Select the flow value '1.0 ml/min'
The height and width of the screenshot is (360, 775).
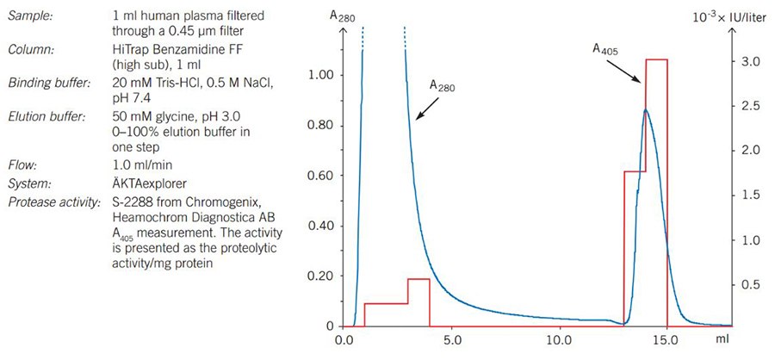[x=142, y=164]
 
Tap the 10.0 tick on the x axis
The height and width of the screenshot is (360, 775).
[x=560, y=341]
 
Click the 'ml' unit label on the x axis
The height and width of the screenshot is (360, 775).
[x=722, y=341]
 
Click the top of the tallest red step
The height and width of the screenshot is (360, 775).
[x=656, y=59]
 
